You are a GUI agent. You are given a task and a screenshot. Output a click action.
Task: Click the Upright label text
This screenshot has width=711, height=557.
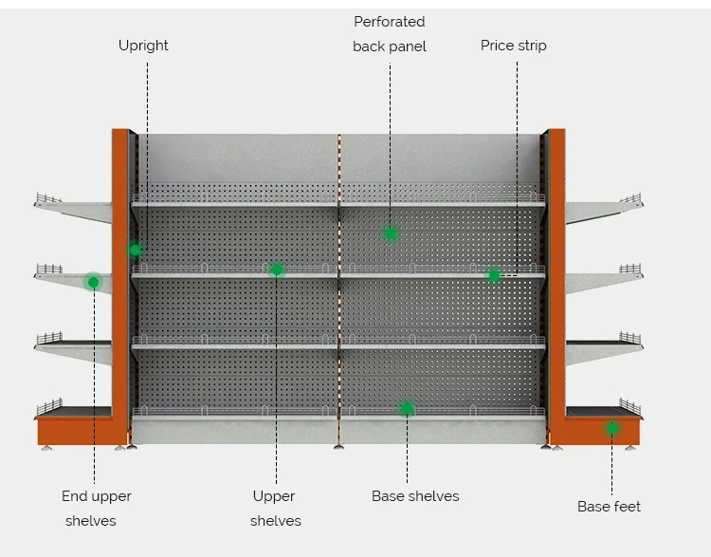tap(143, 46)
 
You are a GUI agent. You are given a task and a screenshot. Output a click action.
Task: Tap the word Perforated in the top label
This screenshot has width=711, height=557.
tap(390, 22)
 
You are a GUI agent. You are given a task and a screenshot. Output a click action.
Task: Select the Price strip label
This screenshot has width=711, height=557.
tap(513, 46)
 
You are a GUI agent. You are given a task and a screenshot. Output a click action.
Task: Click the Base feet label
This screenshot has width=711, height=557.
tap(609, 506)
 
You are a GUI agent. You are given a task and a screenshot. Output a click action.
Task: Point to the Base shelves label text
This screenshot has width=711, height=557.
tap(415, 496)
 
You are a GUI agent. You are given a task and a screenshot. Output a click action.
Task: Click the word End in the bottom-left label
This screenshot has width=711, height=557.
tap(74, 496)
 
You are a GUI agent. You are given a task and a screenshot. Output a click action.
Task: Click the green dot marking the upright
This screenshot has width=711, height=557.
tap(136, 250)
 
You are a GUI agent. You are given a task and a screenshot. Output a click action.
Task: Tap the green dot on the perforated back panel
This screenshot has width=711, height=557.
tap(391, 233)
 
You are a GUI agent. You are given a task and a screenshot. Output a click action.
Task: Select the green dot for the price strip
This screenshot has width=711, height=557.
tap(494, 275)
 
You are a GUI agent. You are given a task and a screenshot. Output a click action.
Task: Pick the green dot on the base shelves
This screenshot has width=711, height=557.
tap(408, 409)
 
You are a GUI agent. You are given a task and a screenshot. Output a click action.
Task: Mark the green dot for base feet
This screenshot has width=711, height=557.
tap(613, 428)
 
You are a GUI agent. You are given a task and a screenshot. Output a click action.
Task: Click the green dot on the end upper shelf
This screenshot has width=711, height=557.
tap(94, 283)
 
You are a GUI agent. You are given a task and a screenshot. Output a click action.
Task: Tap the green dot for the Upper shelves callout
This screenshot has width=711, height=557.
tap(277, 269)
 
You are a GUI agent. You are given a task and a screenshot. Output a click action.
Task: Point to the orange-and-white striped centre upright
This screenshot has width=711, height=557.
tap(338, 290)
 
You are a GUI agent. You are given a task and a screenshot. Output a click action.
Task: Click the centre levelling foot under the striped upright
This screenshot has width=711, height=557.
tap(338, 447)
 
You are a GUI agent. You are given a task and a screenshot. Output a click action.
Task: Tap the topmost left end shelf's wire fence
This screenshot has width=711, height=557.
tap(48, 198)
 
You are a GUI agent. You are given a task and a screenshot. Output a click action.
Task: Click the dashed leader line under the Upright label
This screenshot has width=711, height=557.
tap(147, 153)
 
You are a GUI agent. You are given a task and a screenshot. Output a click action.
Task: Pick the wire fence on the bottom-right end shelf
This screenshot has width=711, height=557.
tap(629, 406)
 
